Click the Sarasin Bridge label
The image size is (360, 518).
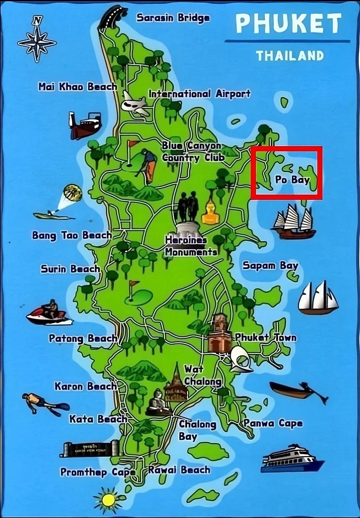(173, 18)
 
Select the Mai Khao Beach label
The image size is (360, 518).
(78, 87)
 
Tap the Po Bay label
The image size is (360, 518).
(292, 180)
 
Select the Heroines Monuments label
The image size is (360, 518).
(191, 246)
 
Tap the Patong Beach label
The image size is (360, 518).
(83, 339)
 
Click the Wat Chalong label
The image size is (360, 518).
(202, 375)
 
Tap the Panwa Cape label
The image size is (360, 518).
(273, 423)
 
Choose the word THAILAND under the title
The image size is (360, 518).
(290, 56)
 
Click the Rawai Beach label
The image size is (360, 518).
(179, 470)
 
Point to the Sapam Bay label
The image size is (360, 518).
(270, 266)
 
